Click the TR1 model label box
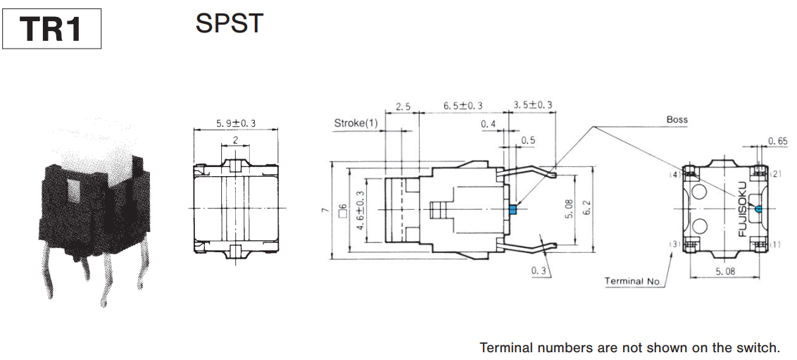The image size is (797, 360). click(x=51, y=29)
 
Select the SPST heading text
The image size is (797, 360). click(x=229, y=24)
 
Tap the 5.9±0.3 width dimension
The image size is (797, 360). click(x=236, y=124)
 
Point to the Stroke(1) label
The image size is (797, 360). click(x=356, y=124)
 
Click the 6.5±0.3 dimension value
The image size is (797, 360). click(x=463, y=106)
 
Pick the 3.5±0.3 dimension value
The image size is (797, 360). click(x=532, y=106)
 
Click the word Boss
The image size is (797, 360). click(x=677, y=120)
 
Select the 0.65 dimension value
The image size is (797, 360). click(x=778, y=141)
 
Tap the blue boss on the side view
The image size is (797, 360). click(x=513, y=209)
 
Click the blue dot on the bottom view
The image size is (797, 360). click(x=757, y=209)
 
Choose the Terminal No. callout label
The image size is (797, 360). click(x=633, y=281)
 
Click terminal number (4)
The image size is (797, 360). click(x=674, y=174)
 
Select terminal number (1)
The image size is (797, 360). click(x=776, y=244)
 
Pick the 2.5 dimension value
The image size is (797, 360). click(x=403, y=106)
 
